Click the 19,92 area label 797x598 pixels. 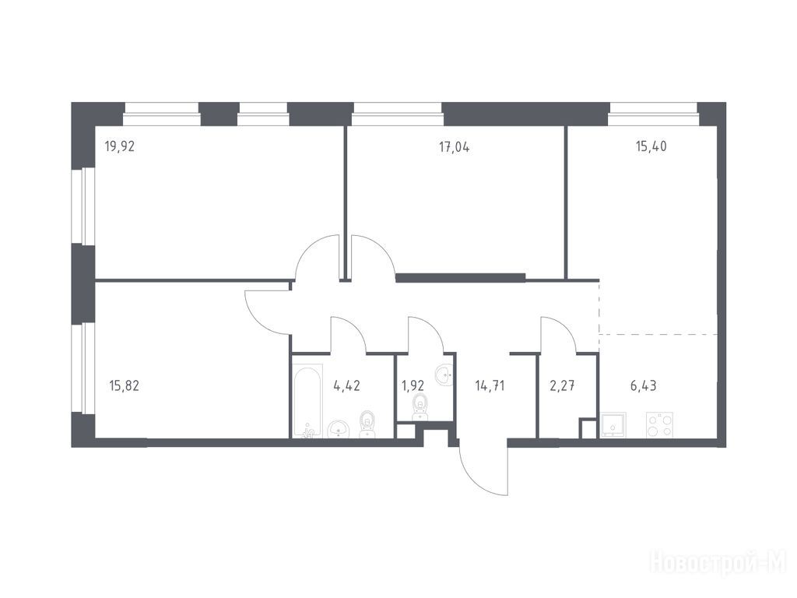click(119, 147)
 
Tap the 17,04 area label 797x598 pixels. click(454, 147)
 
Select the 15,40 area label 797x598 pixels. click(651, 146)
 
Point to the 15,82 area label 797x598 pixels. click(124, 386)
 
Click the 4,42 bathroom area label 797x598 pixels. click(346, 385)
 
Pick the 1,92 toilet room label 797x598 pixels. click(413, 385)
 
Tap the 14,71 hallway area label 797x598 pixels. click(490, 386)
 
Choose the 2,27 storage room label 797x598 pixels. click(562, 385)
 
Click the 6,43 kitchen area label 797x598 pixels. click(644, 386)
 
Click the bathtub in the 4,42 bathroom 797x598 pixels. click(307, 400)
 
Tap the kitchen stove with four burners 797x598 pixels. click(661, 425)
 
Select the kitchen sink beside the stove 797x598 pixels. click(613, 425)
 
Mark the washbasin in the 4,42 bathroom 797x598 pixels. click(338, 428)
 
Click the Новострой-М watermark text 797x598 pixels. click(718, 564)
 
